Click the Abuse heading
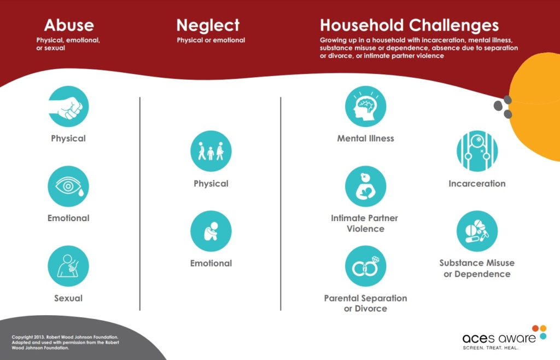69,25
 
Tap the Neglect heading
208,25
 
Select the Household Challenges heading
409,25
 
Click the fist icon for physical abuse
68,107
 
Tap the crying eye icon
68,186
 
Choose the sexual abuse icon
68,266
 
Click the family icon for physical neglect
211,151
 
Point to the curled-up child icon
211,231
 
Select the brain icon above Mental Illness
366,107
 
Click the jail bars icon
477,151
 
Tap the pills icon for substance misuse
477,231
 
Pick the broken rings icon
366,266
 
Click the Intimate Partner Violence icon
366,186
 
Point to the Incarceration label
477,184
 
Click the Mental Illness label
366,138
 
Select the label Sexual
68,298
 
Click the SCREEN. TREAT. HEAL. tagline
491,347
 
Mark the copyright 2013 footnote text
66,342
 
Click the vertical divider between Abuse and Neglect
140,204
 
